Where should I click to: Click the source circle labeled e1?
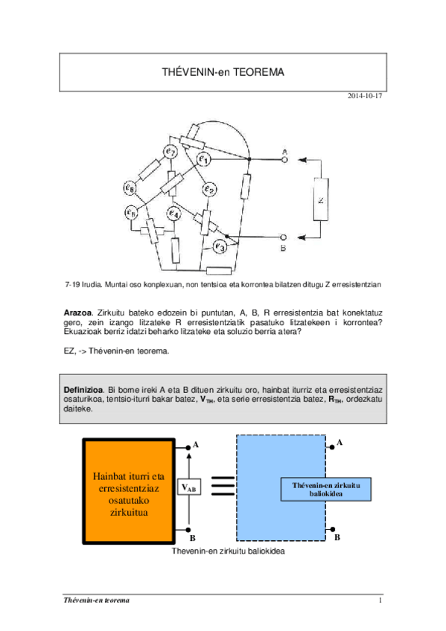(x=204, y=158)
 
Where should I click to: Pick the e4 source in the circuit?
(x=173, y=216)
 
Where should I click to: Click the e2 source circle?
(x=209, y=190)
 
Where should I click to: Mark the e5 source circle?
(x=132, y=214)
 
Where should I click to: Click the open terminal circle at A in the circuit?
(x=284, y=159)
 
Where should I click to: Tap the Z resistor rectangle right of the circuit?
(x=322, y=199)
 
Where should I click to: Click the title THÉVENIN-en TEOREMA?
(x=223, y=72)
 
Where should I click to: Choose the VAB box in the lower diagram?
(x=190, y=487)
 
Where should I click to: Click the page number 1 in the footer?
(x=380, y=600)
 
